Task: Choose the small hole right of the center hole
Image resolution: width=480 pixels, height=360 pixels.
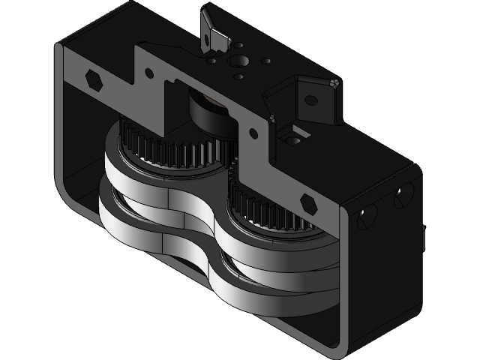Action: (263, 61)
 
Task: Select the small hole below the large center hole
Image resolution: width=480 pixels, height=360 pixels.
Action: (238, 76)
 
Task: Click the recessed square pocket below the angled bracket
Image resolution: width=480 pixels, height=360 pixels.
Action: (294, 136)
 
